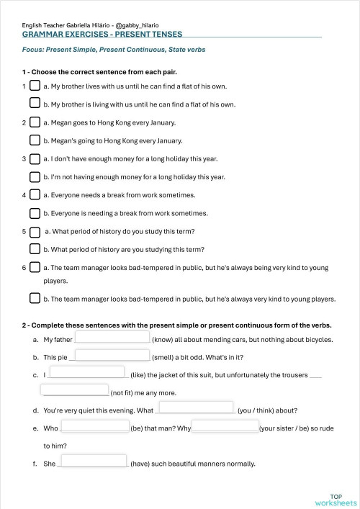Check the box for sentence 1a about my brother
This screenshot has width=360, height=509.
tap(35, 86)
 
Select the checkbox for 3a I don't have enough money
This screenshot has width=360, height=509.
tap(35, 158)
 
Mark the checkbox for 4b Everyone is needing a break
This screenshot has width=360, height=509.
tap(35, 213)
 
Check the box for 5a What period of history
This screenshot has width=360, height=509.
tap(35, 231)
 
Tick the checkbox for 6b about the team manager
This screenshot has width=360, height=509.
tap(35, 298)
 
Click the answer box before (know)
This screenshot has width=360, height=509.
tap(112, 337)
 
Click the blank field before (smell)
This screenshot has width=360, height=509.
tap(114, 354)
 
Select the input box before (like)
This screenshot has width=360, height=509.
tap(87, 373)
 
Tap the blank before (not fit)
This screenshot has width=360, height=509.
tap(75, 391)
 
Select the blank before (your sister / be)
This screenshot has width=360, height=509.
tap(225, 426)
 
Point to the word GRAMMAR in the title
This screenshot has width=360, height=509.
tap(42, 34)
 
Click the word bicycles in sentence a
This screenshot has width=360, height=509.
tap(316, 338)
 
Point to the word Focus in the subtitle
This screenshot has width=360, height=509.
tap(32, 51)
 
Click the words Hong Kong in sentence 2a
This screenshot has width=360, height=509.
tap(109, 122)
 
